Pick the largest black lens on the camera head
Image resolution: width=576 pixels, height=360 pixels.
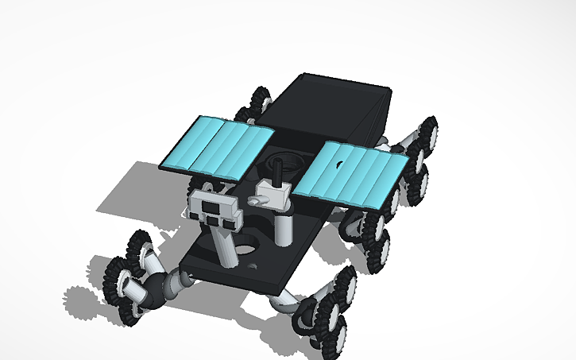(x=213, y=207)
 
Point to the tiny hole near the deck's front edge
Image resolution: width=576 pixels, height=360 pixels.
(x=253, y=266)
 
